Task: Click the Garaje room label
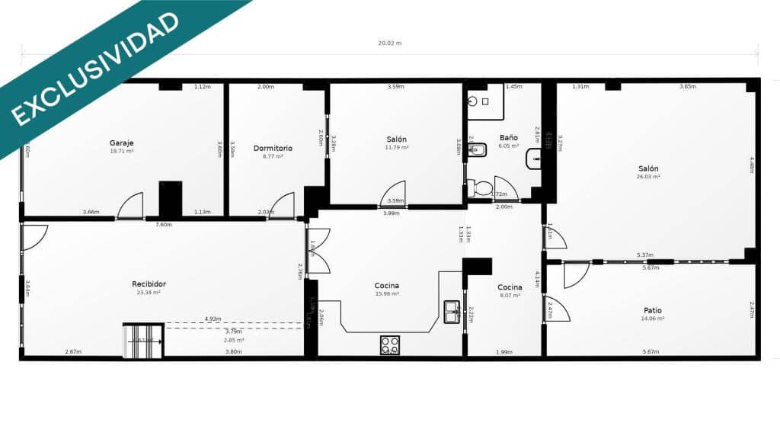point(122,143)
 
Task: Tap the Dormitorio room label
point(273,148)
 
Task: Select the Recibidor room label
point(149,284)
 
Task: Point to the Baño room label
point(508,137)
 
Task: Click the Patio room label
point(652,310)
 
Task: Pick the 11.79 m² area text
point(396,147)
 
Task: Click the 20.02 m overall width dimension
point(389,43)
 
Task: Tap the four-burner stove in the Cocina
point(389,344)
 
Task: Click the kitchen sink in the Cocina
point(452,312)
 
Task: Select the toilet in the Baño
point(481,187)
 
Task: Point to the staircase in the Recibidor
point(143,341)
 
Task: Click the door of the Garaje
point(131,206)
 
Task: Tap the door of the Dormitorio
point(283,206)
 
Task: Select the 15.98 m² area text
point(387,293)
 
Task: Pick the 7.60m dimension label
point(164,225)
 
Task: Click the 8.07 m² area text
point(510,295)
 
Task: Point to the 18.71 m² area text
point(122,151)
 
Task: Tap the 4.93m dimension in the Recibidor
point(213,319)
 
